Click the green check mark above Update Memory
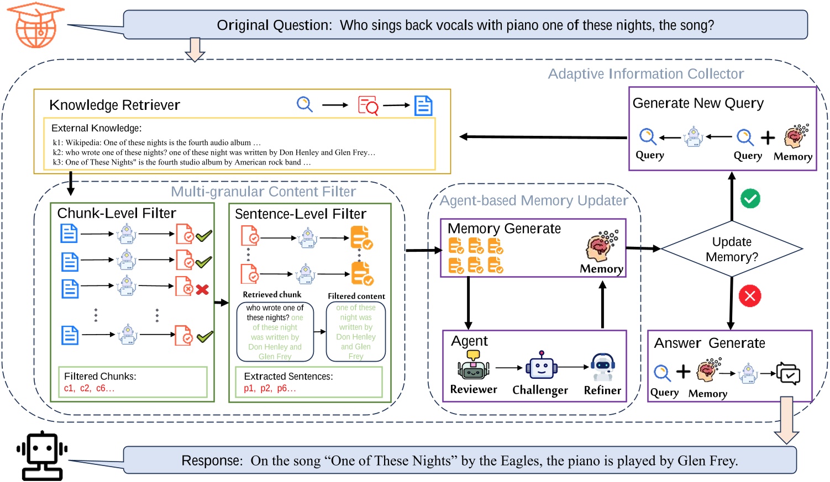click(x=750, y=199)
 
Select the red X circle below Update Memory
click(x=749, y=296)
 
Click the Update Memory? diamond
click(x=732, y=250)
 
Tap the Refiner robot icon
click(x=602, y=367)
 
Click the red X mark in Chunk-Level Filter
click(x=202, y=289)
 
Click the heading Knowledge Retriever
click(x=114, y=105)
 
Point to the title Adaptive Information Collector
click(x=645, y=74)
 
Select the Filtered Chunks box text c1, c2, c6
click(x=89, y=388)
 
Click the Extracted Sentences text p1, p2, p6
click(x=270, y=388)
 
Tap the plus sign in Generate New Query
click(x=768, y=137)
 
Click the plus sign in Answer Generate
click(x=683, y=372)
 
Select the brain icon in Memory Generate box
click(x=601, y=247)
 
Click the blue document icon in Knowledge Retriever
click(x=423, y=105)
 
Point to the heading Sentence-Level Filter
click(x=300, y=214)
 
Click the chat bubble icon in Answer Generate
click(x=788, y=374)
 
